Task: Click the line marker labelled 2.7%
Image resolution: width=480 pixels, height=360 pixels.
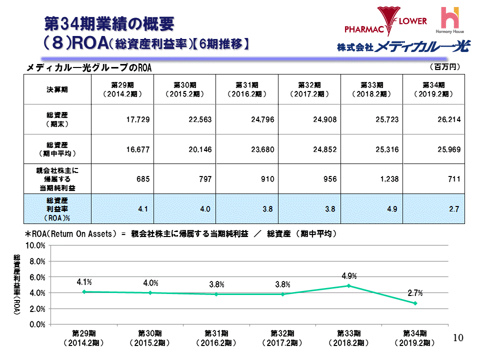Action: click(415, 303)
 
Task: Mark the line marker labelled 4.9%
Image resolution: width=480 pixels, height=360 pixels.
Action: click(348, 286)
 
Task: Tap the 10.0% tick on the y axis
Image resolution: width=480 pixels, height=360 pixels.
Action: click(35, 246)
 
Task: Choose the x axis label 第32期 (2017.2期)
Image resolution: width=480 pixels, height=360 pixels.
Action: click(282, 338)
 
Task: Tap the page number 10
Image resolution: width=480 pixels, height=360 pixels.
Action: click(458, 338)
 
